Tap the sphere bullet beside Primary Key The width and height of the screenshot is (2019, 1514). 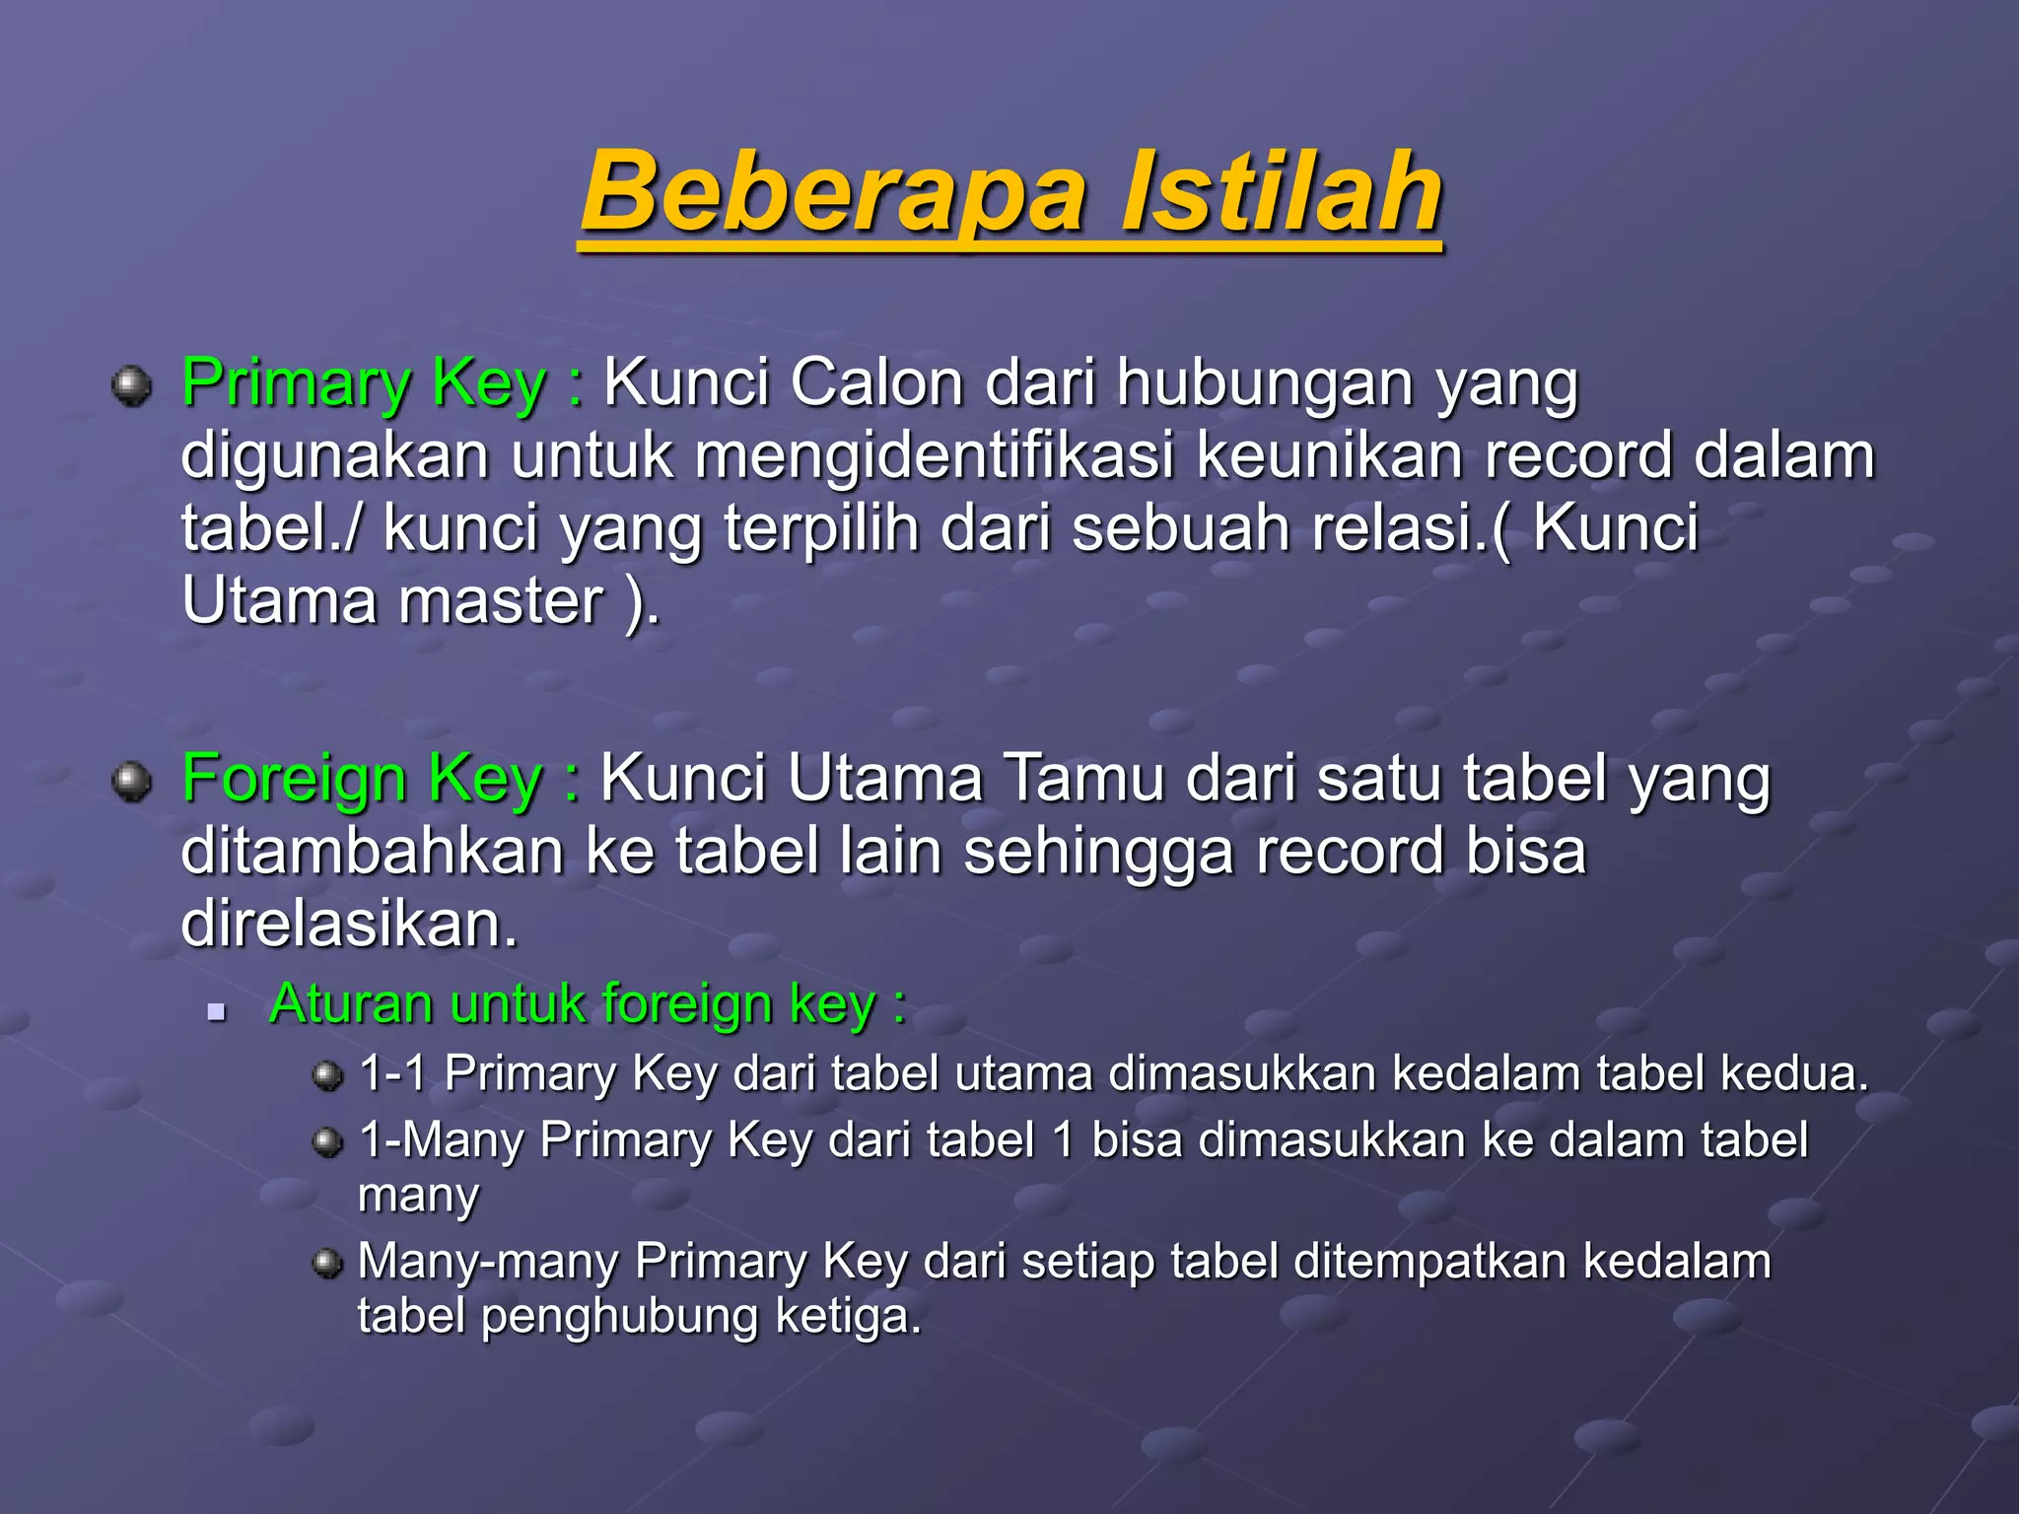coord(131,385)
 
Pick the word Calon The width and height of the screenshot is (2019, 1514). coord(876,382)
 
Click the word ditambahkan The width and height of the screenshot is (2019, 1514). coord(372,852)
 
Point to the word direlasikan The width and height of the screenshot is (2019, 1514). coord(349,925)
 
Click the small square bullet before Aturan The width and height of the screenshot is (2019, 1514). coord(217,1011)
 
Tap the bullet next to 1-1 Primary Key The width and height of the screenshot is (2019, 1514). coord(327,1075)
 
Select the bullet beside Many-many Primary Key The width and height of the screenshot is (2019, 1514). coord(327,1263)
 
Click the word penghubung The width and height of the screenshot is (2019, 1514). coord(619,1317)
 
